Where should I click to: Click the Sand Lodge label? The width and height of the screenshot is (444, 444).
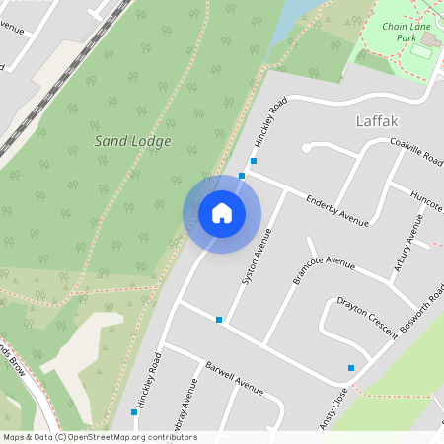click(x=132, y=141)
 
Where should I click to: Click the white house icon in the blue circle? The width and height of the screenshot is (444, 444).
click(x=222, y=213)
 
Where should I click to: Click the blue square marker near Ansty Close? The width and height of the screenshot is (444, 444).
click(x=350, y=368)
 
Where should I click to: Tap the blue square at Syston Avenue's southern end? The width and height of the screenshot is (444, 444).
click(x=219, y=319)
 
